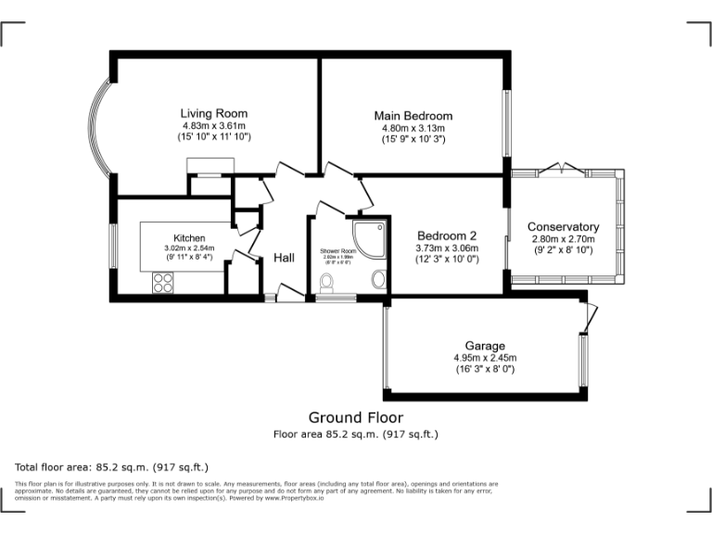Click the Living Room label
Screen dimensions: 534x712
pyautogui.click(x=214, y=114)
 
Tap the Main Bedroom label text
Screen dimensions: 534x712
pyautogui.click(x=413, y=116)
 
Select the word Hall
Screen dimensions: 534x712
pyautogui.click(x=284, y=258)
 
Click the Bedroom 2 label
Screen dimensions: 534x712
pyautogui.click(x=447, y=235)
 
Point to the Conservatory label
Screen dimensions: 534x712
pyautogui.click(x=563, y=227)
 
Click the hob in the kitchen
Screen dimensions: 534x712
pyautogui.click(x=162, y=285)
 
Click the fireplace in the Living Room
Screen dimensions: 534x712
pyautogui.click(x=209, y=167)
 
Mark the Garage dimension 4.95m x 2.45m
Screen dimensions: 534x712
pyautogui.click(x=485, y=357)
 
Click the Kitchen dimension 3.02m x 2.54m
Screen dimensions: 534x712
pyautogui.click(x=189, y=248)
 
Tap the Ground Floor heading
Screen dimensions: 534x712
pyautogui.click(x=356, y=417)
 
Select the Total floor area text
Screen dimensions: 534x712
pyautogui.click(x=112, y=466)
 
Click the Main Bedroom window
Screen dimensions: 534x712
pyautogui.click(x=506, y=122)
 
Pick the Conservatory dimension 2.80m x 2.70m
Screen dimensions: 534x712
pyautogui.click(x=563, y=239)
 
